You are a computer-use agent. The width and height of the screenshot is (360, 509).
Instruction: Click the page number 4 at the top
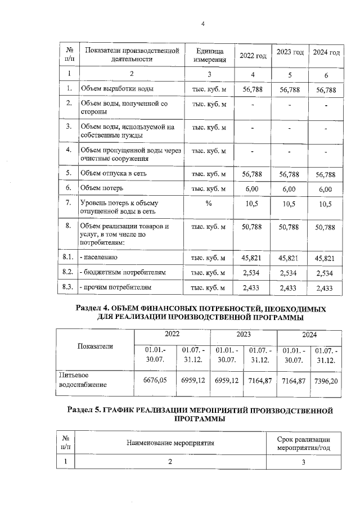pyautogui.click(x=202, y=24)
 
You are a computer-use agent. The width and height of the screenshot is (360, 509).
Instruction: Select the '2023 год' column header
pyautogui.click(x=291, y=52)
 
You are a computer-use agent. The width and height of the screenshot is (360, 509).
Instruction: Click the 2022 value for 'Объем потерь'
pyautogui.click(x=252, y=188)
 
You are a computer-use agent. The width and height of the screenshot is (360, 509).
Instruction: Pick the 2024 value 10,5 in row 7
pyautogui.click(x=326, y=204)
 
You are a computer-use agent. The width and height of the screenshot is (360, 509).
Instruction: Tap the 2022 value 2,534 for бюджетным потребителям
pyautogui.click(x=252, y=273)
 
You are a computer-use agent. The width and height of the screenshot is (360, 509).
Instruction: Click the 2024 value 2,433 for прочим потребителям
pyautogui.click(x=326, y=288)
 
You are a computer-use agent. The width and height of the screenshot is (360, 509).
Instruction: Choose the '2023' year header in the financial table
pyautogui.click(x=243, y=334)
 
